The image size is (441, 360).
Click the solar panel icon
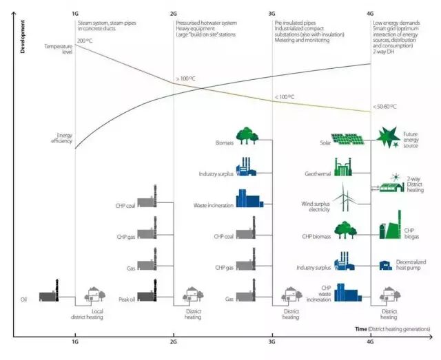coord(347,140)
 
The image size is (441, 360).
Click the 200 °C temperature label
coord(85,41)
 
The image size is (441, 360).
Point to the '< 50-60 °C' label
coord(384,107)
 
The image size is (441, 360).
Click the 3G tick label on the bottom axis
coord(271,341)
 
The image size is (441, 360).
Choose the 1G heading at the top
coord(74,13)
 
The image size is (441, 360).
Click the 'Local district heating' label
coord(87,315)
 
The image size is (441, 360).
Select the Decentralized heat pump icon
coord(385,265)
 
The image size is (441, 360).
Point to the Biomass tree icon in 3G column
coord(247,136)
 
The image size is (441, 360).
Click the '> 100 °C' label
coord(186,79)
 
